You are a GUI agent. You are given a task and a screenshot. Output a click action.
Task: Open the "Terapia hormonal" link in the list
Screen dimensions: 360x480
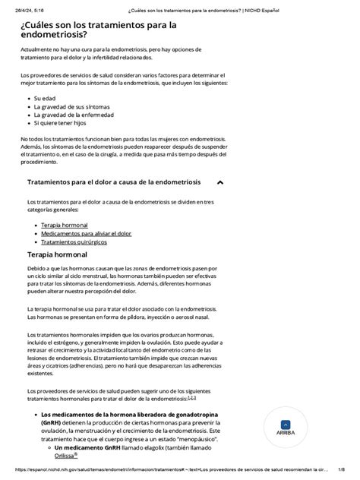coord(64,226)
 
